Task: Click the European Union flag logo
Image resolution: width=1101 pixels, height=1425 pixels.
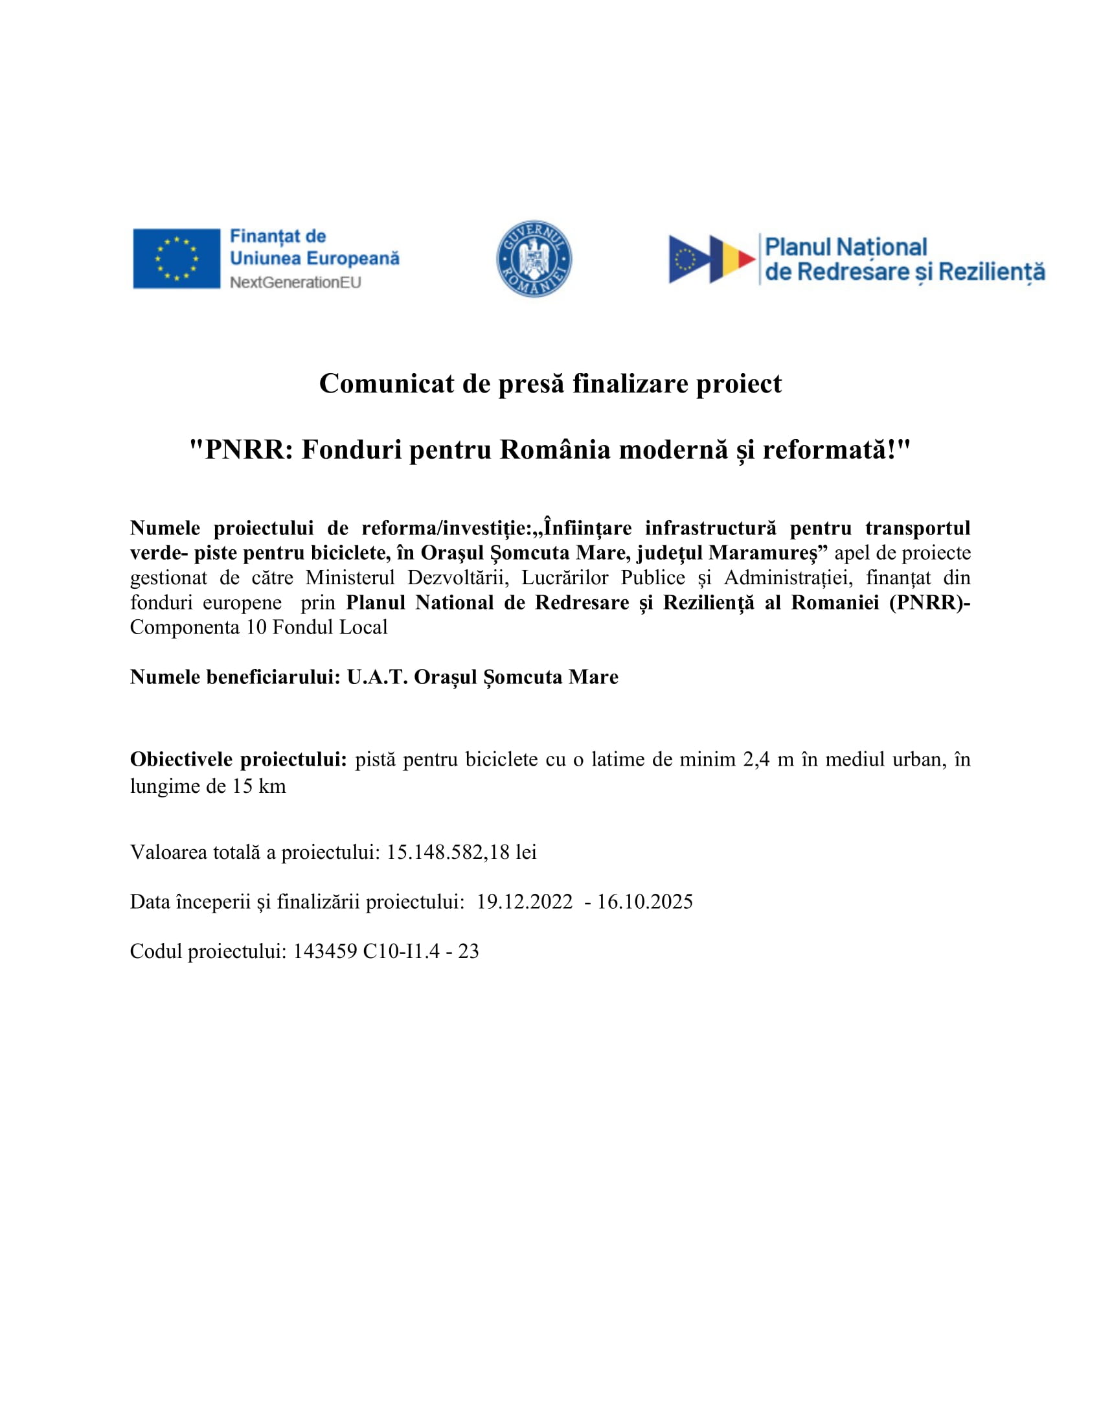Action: click(176, 258)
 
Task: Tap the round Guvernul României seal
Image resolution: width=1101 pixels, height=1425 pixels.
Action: click(534, 258)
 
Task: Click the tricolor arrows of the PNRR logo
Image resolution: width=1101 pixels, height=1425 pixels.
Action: click(712, 259)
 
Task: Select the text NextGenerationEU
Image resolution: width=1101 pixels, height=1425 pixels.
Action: click(295, 282)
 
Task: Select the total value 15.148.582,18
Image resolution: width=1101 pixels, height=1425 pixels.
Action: click(448, 852)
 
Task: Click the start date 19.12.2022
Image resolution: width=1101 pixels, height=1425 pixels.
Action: click(525, 902)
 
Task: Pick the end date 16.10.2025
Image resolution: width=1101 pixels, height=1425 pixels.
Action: click(644, 902)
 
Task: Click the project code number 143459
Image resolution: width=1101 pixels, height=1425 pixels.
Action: click(325, 952)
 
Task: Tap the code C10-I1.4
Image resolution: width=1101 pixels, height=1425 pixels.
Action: click(401, 952)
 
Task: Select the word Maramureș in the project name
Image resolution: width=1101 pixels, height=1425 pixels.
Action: click(767, 553)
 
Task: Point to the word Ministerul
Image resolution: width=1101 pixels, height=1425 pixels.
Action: click(350, 577)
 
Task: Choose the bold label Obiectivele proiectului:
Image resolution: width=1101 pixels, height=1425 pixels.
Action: click(238, 759)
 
